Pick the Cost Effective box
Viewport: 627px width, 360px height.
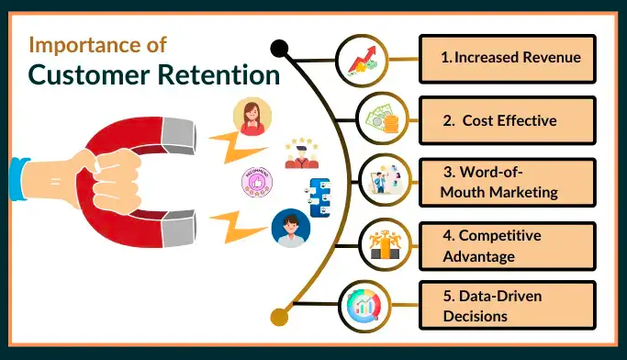507,120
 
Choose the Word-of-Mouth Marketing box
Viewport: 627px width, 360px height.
507,181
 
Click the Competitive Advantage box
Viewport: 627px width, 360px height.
507,245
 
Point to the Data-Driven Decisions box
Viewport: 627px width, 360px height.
507,306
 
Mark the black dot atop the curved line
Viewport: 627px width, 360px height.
278,47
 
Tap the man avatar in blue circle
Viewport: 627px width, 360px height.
291,227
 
